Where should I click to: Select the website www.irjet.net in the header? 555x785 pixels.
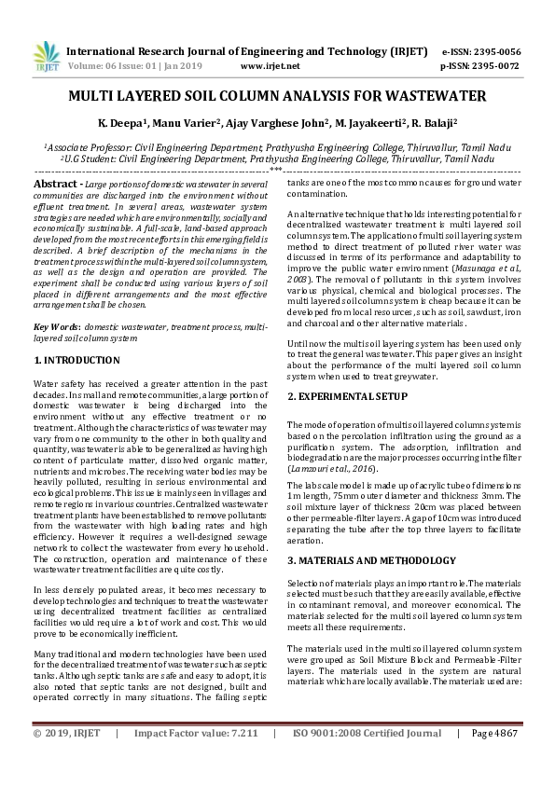pos(270,66)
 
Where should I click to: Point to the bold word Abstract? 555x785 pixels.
pos(55,186)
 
